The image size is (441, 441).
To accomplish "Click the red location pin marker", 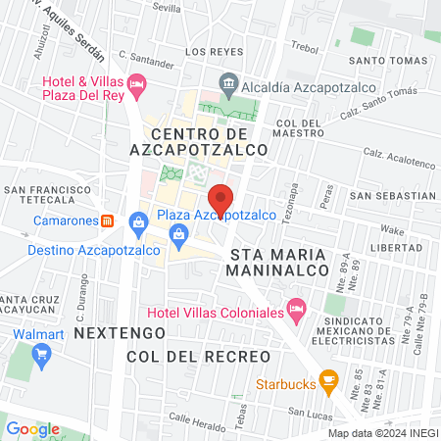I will click(x=221, y=199).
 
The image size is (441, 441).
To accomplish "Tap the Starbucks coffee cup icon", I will click(x=329, y=377).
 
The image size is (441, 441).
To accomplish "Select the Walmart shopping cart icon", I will click(x=40, y=355).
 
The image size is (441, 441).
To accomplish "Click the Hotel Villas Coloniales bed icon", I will click(x=298, y=313).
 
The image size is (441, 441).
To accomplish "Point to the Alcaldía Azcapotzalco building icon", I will click(x=227, y=84).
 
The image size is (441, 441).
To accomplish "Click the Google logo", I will click(x=32, y=428).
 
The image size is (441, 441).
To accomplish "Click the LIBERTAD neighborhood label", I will click(x=410, y=248).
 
